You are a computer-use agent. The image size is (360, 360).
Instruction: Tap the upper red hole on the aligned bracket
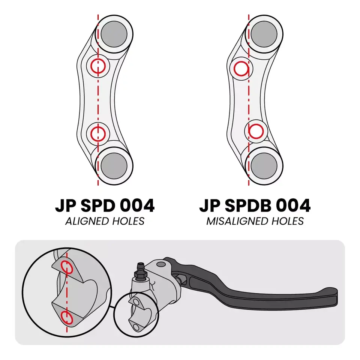[98, 67]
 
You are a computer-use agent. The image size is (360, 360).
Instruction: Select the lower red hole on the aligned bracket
[98, 132]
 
